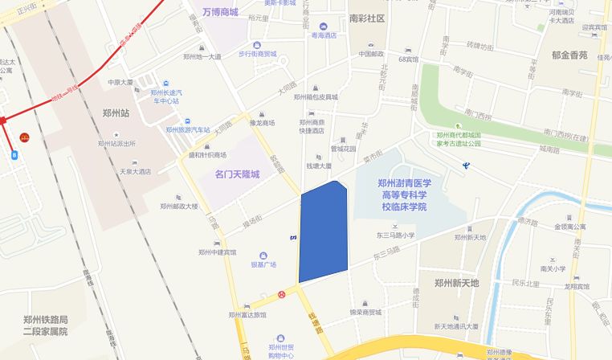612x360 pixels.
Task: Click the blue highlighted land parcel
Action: click(323, 233)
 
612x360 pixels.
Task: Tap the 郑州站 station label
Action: click(116, 113)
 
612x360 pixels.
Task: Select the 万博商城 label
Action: click(220, 12)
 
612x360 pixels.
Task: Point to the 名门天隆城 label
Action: click(237, 174)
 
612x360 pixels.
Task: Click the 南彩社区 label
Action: click(367, 18)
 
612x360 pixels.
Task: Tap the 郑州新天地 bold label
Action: click(456, 283)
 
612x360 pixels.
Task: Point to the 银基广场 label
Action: click(263, 264)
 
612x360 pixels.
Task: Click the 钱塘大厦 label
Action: click(318, 166)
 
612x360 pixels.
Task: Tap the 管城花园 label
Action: click(343, 149)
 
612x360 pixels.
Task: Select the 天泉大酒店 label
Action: click(135, 171)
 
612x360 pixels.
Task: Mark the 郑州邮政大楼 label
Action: click(179, 206)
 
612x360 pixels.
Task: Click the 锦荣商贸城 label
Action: click(365, 312)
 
